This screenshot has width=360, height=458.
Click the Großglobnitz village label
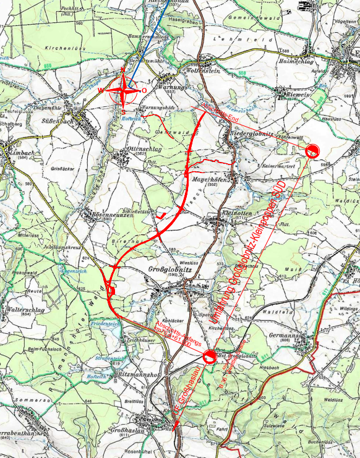[166, 269]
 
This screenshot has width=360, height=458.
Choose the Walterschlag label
[22, 308]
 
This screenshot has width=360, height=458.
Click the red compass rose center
[126, 90]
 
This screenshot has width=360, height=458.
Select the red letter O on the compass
[144, 91]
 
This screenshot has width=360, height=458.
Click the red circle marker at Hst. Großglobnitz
[209, 355]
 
